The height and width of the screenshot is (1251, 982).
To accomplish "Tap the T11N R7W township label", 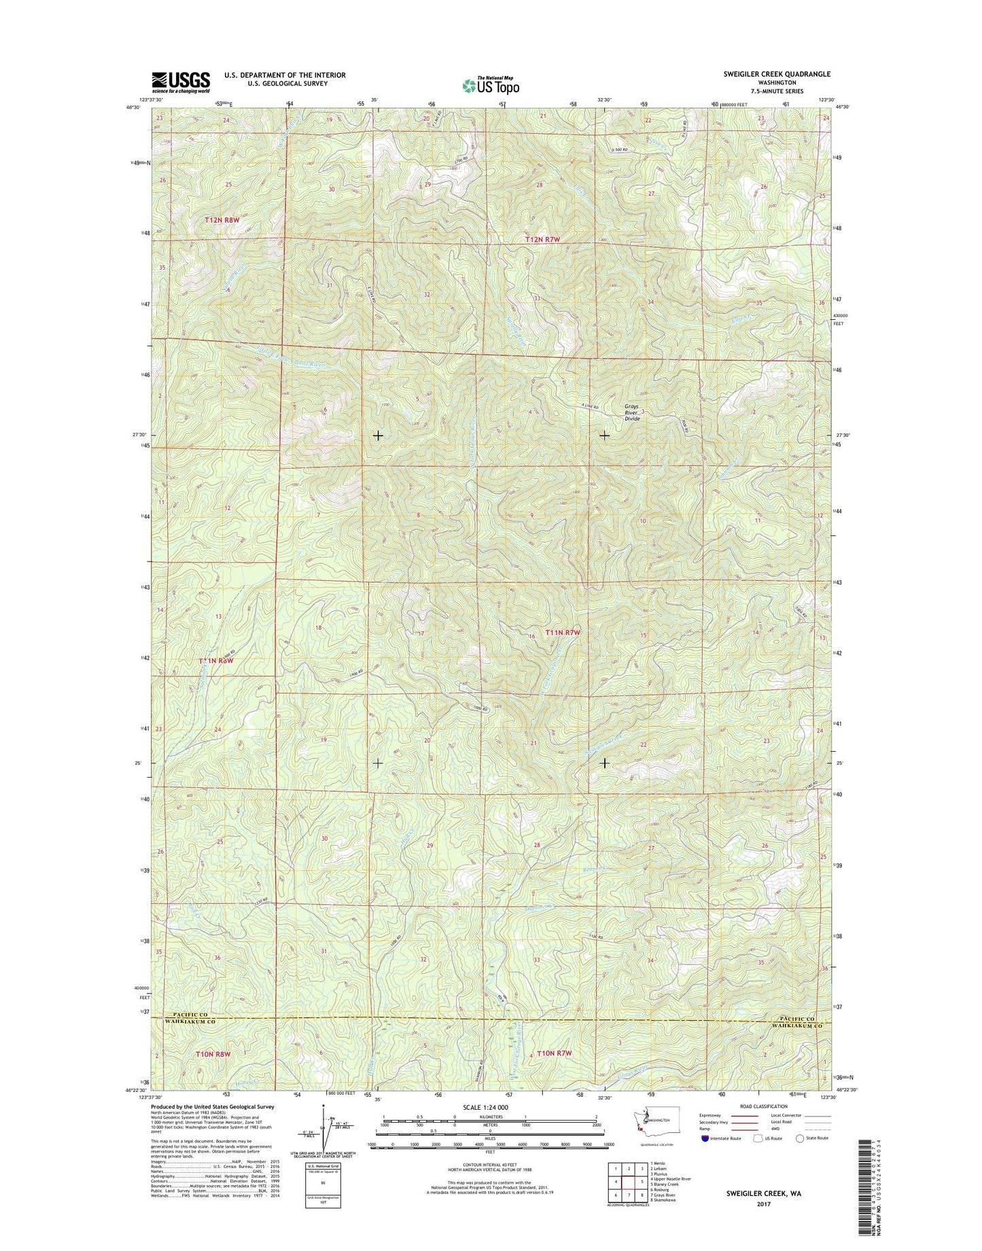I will tap(563, 633).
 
